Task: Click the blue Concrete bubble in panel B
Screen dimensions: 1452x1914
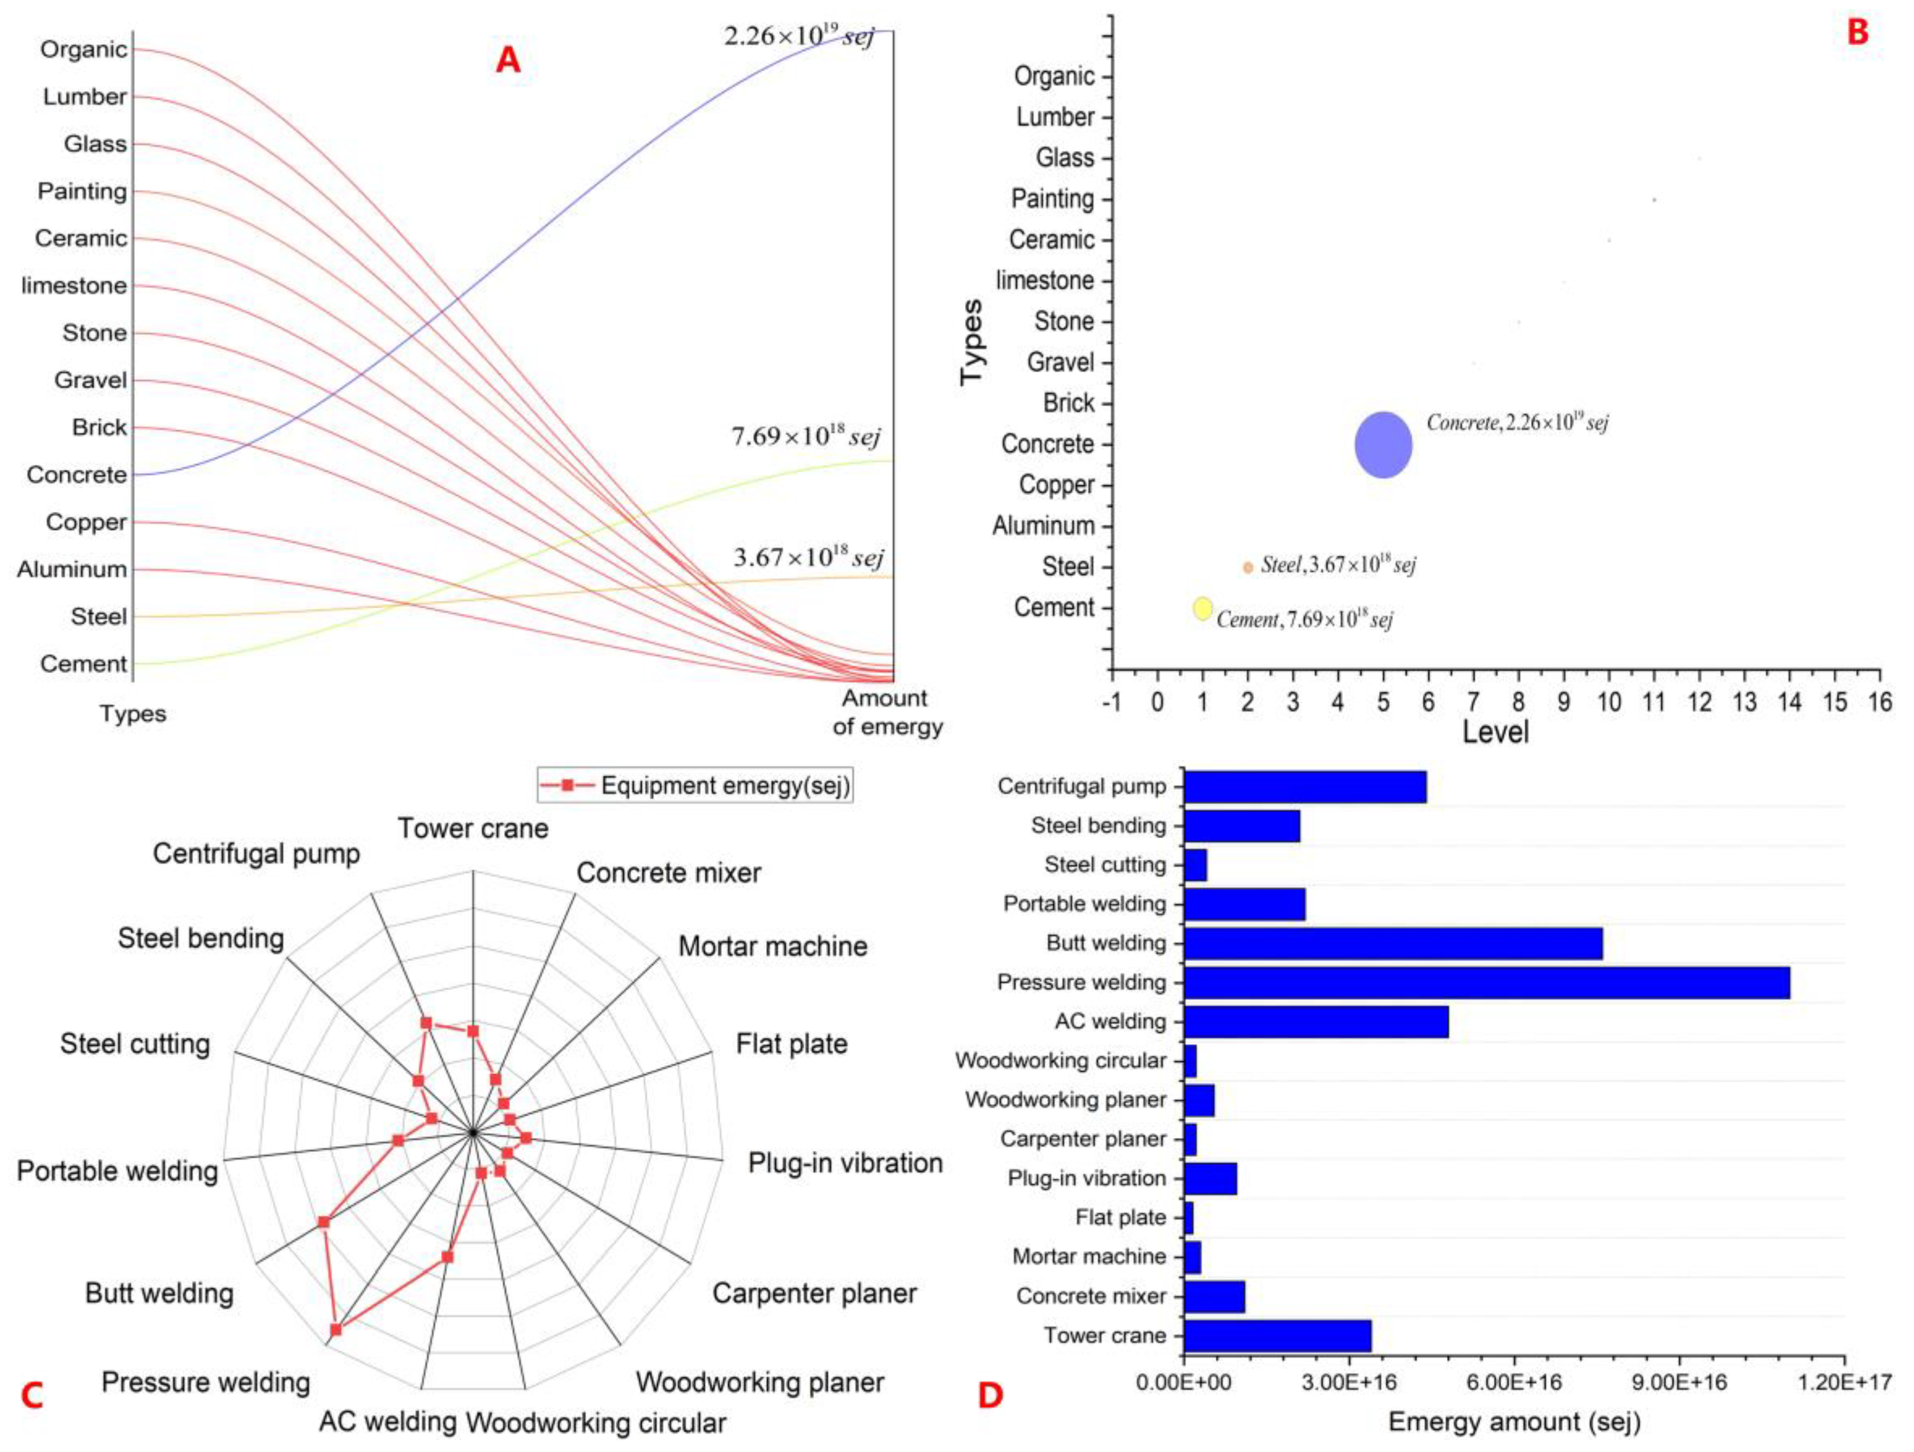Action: (x=1383, y=445)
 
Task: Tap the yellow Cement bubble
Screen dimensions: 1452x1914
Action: (x=1202, y=608)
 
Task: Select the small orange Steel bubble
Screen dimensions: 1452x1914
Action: (x=1248, y=568)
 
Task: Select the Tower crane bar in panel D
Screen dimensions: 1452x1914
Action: (x=1277, y=1335)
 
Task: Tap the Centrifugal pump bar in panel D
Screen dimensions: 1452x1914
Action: (x=1305, y=787)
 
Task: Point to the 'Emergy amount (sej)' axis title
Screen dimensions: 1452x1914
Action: (x=1514, y=1422)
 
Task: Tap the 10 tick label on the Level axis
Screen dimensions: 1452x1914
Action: (x=1609, y=702)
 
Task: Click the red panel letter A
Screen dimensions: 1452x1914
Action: (x=508, y=60)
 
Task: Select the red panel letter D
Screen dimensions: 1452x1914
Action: (x=990, y=1395)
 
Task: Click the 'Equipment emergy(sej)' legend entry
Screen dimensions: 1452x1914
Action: (x=695, y=786)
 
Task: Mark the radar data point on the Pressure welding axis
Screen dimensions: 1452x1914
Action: (x=336, y=1329)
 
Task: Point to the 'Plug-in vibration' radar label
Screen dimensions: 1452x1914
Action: (x=845, y=1162)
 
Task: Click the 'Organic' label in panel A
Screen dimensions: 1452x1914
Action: (x=83, y=50)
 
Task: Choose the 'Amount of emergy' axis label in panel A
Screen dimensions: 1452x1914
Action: (x=886, y=711)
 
